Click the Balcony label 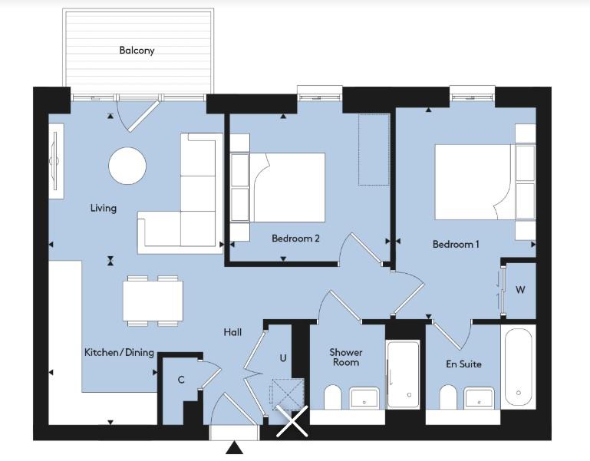(137, 51)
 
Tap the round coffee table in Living (127, 166)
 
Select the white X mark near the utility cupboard (292, 421)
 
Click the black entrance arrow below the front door (234, 447)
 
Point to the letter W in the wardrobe (520, 290)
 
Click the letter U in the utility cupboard (283, 358)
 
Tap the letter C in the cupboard (181, 380)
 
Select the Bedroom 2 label (295, 239)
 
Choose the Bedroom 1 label (456, 244)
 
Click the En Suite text (463, 364)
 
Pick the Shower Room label (346, 357)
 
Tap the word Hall (232, 332)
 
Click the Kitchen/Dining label (119, 353)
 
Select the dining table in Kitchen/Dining (153, 301)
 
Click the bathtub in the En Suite (518, 367)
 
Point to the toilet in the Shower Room (332, 397)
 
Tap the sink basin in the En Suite (479, 398)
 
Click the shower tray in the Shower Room (403, 375)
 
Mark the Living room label (104, 208)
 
